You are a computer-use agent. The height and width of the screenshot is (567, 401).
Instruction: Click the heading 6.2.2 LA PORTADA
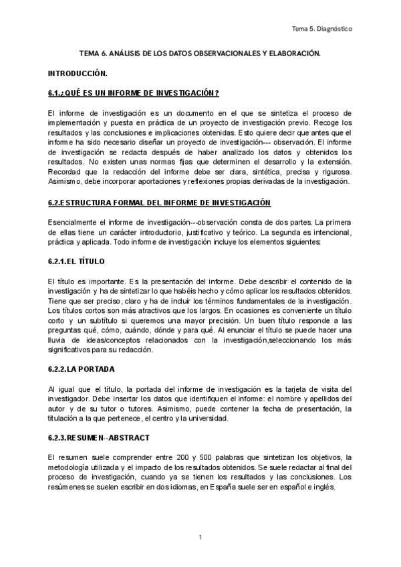click(x=82, y=368)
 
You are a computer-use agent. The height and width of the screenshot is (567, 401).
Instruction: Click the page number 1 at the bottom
click(x=200, y=537)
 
